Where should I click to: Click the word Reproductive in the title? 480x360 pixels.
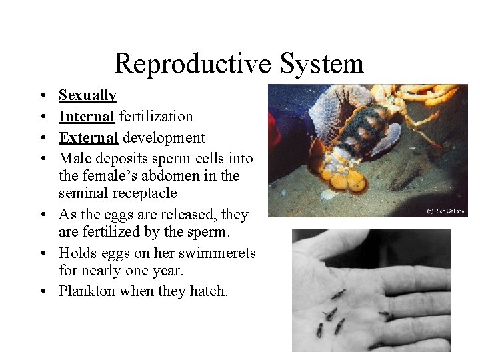click(x=192, y=63)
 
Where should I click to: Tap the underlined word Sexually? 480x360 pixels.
click(x=87, y=95)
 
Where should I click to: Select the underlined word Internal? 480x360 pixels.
click(x=87, y=117)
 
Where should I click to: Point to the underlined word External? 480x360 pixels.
click(x=88, y=138)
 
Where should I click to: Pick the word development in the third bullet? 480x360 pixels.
click(x=164, y=138)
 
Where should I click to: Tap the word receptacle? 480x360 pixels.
click(x=145, y=193)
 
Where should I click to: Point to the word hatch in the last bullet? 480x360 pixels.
click(x=207, y=291)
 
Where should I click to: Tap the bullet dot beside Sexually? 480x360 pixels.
click(x=42, y=96)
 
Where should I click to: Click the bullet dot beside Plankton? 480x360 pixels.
click(x=42, y=291)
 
